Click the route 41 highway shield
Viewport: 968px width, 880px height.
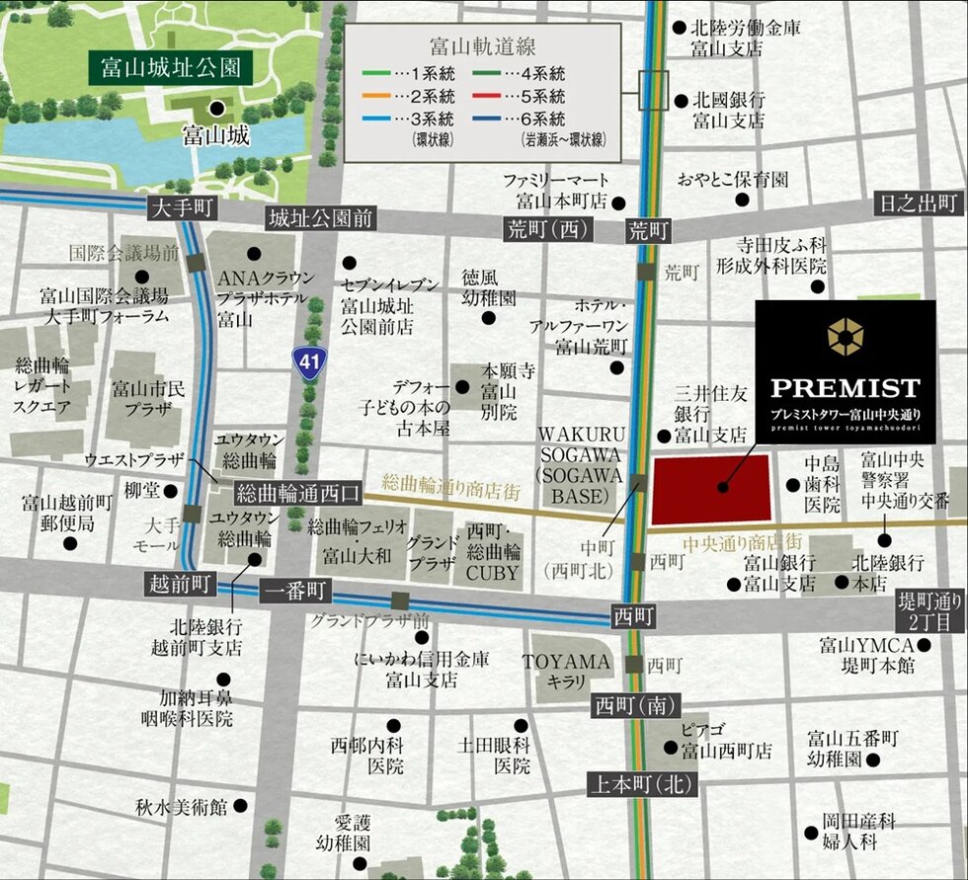click(x=309, y=362)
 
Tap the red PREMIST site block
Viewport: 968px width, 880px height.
click(x=711, y=490)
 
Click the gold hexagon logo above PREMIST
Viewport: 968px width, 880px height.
click(x=845, y=336)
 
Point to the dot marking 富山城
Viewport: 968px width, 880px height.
click(x=215, y=110)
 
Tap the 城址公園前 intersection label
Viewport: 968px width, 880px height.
click(x=318, y=218)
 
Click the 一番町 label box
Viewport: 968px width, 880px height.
click(x=297, y=592)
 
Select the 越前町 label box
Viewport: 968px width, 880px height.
click(x=178, y=582)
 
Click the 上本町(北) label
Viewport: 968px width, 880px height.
click(x=642, y=785)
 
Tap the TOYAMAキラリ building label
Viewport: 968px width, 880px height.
click(x=567, y=672)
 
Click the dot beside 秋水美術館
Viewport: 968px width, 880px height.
click(x=240, y=807)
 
